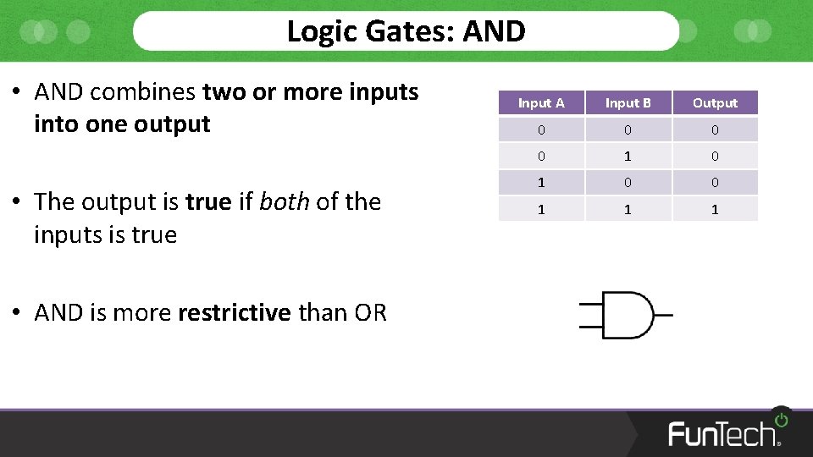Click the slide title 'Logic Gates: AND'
click(406, 31)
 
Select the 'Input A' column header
click(541, 103)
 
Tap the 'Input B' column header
click(628, 103)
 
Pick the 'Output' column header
click(715, 103)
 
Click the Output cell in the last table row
click(715, 209)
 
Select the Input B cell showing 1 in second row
click(628, 157)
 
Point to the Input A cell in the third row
click(541, 183)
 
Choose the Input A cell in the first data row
click(541, 130)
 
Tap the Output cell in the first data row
click(715, 130)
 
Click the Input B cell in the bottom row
click(628, 209)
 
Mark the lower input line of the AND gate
click(589, 326)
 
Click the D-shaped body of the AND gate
click(627, 316)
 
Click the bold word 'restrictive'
click(235, 313)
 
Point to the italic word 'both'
click(284, 202)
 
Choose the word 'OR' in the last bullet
click(370, 313)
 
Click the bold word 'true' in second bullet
click(208, 202)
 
